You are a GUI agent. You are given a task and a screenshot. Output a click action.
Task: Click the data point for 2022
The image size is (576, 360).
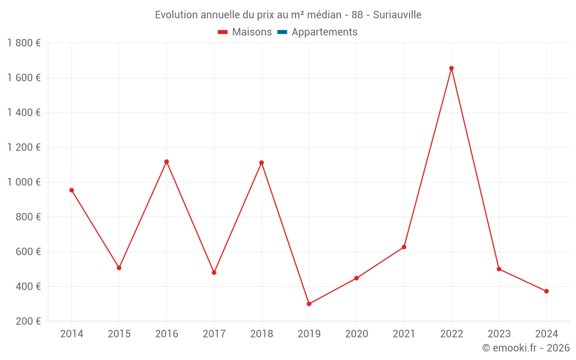point(452,69)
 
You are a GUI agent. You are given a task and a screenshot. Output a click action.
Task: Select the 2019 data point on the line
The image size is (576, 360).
point(309,304)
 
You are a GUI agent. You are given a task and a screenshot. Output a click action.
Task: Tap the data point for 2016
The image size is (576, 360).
point(166,162)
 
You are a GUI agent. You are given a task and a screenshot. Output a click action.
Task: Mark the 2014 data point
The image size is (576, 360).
point(71,190)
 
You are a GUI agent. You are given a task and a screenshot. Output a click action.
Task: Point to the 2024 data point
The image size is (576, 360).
point(546,291)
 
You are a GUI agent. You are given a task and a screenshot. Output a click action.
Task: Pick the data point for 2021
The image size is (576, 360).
point(404,247)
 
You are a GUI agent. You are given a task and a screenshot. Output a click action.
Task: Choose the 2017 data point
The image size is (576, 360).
point(214,272)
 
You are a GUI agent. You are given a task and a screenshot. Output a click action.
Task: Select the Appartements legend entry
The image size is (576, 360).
point(324,32)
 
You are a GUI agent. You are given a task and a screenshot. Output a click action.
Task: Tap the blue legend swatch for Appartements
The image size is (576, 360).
point(282,32)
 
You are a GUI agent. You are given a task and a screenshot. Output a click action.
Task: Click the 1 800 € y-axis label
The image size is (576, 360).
point(24,43)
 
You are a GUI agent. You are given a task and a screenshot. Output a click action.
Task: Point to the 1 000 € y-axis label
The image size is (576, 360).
point(24,182)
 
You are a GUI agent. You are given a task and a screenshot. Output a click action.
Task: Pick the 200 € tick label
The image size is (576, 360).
point(28,321)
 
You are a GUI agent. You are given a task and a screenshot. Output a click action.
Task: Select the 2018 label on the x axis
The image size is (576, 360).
point(262,334)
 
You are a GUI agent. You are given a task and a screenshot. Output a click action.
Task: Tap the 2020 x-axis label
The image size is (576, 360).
point(357,334)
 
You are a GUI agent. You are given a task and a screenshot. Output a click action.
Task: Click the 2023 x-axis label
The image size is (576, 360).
point(499,334)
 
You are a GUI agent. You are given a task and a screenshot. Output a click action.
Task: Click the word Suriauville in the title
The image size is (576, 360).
point(397,15)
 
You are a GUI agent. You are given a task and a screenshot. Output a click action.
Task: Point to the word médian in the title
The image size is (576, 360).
point(325,15)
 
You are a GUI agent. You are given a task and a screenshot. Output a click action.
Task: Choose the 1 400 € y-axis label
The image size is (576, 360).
point(24,113)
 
